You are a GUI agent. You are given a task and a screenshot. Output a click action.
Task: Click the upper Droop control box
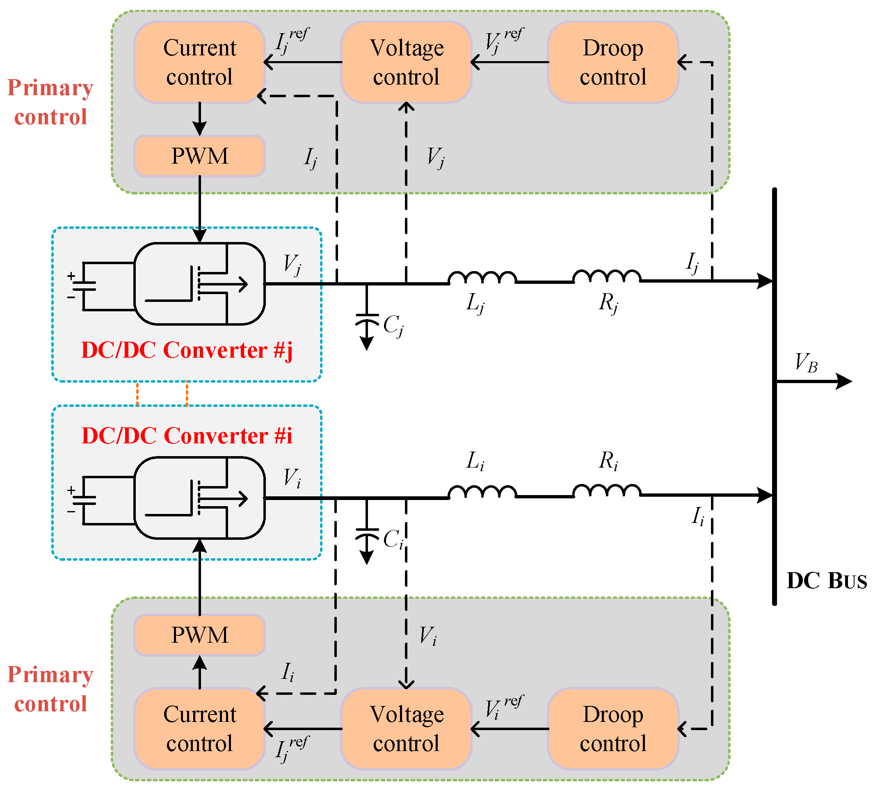(x=613, y=62)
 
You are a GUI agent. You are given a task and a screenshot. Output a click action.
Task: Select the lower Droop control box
(x=613, y=729)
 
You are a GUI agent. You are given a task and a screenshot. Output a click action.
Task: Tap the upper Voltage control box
(x=406, y=62)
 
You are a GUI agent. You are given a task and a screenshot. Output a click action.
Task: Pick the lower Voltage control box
(x=406, y=729)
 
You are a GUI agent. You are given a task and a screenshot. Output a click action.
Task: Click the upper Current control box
(x=200, y=62)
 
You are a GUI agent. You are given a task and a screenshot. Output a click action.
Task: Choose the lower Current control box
(x=200, y=729)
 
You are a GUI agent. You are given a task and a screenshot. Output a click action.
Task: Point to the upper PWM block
(x=200, y=156)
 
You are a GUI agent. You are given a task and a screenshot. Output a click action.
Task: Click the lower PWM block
(x=200, y=635)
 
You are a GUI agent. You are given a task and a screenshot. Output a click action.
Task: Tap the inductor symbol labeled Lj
(x=482, y=278)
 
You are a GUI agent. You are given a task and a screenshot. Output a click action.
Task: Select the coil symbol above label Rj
(x=607, y=276)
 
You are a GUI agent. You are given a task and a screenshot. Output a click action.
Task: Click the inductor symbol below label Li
(x=482, y=492)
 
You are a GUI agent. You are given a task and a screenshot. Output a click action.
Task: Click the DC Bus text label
(x=827, y=581)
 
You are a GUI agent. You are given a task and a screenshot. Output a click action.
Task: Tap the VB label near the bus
(x=806, y=362)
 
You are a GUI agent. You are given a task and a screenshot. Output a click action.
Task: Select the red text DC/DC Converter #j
(x=187, y=351)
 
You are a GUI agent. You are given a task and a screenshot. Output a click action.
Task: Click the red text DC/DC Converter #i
(x=187, y=436)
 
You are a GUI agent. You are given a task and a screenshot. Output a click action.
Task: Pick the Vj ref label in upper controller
(x=504, y=41)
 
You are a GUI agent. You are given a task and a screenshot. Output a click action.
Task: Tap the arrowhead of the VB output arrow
(x=844, y=381)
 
